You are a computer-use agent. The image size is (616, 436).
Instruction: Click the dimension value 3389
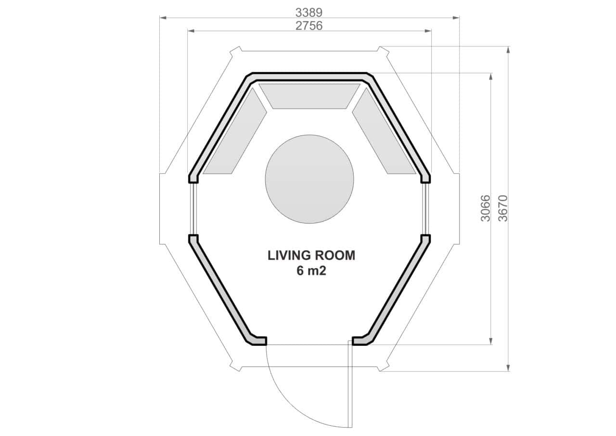pos(309,13)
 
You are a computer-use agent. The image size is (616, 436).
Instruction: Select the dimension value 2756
pos(309,26)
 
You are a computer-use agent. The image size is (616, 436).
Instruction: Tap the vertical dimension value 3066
pos(486,208)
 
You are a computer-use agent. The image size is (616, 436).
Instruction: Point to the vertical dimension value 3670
pos(503,208)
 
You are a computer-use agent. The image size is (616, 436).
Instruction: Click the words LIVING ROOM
pos(311,255)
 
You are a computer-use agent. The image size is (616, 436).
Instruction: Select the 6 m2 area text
pos(311,271)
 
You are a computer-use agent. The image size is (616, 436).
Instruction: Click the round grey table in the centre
pos(309,179)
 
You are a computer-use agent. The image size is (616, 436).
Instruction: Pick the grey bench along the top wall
pos(309,96)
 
